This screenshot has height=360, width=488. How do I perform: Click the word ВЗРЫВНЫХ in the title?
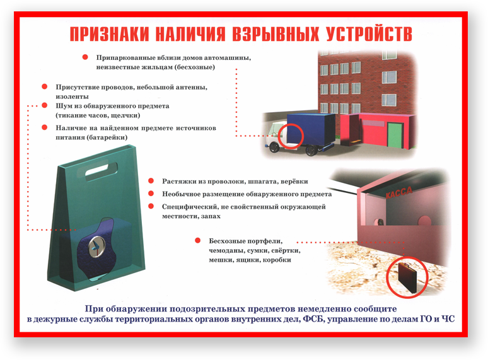(x=276, y=33)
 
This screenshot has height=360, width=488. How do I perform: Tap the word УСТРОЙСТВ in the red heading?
(x=369, y=33)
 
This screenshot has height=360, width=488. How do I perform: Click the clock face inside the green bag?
(x=96, y=246)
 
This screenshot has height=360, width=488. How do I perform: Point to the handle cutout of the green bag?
(x=101, y=171)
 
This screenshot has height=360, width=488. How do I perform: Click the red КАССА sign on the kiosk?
(x=398, y=192)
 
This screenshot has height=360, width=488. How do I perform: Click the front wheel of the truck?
(x=274, y=147)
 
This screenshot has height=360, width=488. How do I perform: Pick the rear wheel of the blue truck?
(x=311, y=151)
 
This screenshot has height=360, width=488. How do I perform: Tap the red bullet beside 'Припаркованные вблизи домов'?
(x=85, y=57)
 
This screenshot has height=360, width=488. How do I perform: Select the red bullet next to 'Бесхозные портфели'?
(x=197, y=240)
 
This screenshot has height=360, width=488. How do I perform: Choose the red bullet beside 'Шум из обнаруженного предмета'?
(x=45, y=105)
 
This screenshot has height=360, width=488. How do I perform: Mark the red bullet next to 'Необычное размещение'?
(x=151, y=194)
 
